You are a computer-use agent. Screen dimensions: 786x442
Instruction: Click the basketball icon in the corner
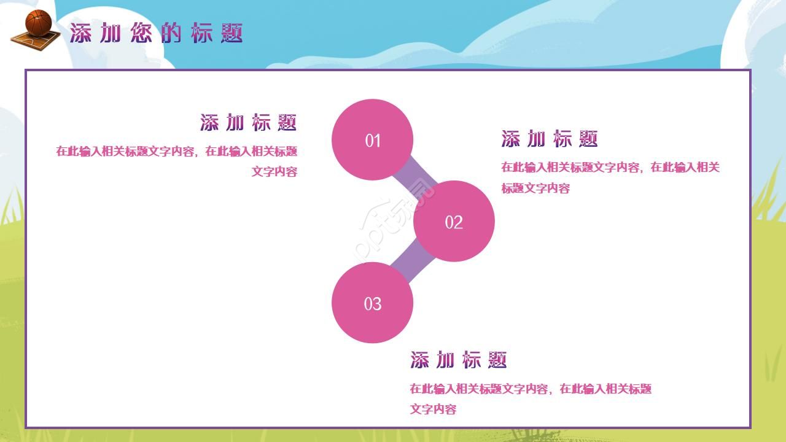(39, 22)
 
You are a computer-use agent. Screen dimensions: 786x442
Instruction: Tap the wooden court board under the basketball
(36, 41)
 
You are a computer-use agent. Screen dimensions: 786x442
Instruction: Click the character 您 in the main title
(141, 33)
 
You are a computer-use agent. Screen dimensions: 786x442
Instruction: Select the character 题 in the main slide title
(232, 33)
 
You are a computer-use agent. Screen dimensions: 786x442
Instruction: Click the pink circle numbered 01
(372, 139)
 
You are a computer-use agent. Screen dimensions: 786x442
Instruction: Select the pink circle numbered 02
(454, 221)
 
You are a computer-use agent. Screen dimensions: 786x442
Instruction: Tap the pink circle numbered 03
(372, 303)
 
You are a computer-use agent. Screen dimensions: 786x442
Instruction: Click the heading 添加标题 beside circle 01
(249, 122)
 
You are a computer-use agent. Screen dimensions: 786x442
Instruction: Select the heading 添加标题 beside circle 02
(550, 139)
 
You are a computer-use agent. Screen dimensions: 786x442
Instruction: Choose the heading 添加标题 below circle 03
(458, 360)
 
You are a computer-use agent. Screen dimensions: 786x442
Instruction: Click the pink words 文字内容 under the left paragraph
(274, 171)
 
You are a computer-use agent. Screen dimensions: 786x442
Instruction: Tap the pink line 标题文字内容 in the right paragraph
(535, 188)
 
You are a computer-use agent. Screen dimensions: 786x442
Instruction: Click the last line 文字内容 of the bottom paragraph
(433, 409)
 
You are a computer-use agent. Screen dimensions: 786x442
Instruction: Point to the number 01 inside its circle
(373, 141)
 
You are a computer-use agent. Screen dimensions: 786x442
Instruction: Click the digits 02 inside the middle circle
(454, 222)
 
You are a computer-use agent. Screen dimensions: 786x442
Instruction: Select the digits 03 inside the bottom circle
(372, 304)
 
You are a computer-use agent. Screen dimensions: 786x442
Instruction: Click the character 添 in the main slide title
(80, 33)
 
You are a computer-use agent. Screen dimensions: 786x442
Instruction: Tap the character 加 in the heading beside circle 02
(536, 139)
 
